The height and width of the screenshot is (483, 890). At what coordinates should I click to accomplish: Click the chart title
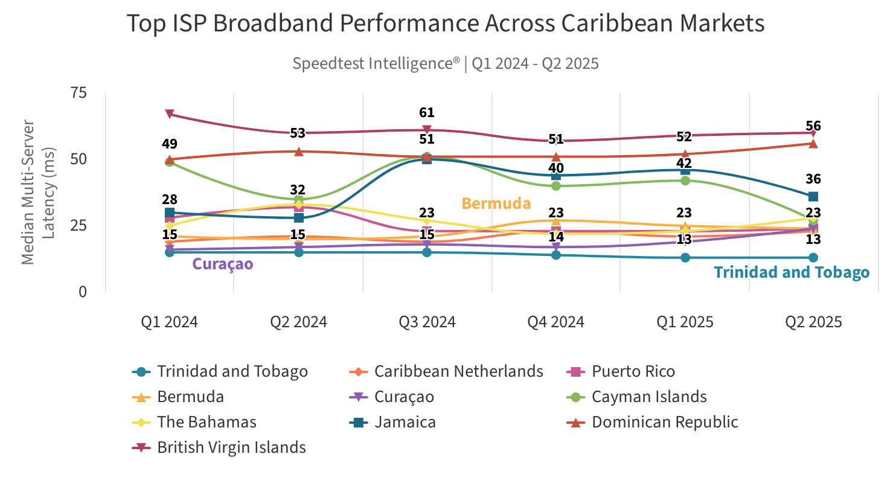point(446,24)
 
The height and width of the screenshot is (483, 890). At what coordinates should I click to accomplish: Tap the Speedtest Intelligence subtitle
point(446,63)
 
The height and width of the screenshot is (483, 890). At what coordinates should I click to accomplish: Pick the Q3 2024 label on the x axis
point(427,322)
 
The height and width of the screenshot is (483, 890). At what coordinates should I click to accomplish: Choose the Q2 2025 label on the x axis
point(813,322)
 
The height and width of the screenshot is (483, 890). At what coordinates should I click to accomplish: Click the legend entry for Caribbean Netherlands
point(458,371)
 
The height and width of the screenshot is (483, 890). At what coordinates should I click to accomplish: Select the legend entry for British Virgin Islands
point(231,447)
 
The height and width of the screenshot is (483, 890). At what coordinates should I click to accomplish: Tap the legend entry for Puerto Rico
point(633,371)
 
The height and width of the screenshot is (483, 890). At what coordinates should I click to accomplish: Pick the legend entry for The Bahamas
point(206,422)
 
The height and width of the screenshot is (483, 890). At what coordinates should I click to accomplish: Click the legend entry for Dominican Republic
point(665,422)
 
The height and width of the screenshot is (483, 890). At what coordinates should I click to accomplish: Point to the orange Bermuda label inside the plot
point(496,203)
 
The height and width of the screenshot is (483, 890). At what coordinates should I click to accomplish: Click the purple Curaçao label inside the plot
point(222,264)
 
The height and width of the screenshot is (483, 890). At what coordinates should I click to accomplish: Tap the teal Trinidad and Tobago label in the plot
point(792,272)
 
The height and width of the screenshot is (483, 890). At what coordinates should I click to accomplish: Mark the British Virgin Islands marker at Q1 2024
point(170,114)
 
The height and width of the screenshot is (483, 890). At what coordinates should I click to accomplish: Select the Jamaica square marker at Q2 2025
point(813,196)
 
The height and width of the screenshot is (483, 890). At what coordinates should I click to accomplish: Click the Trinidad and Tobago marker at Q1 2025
point(685,258)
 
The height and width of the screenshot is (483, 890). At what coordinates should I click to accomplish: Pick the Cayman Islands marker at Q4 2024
point(556,186)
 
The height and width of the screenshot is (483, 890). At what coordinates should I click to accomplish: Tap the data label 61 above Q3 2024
point(427,113)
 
